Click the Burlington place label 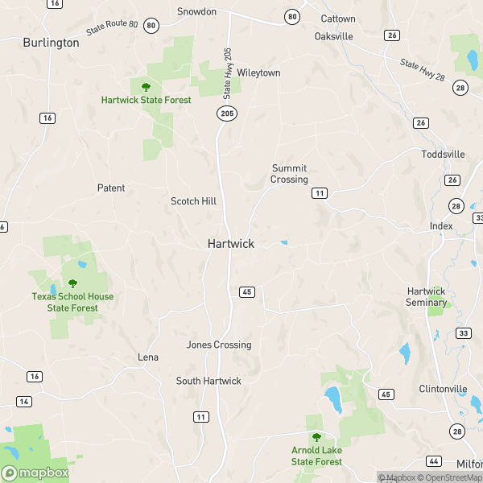point(52,43)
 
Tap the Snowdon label point(196,12)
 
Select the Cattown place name point(338,19)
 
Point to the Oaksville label point(335,37)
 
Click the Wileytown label point(258,72)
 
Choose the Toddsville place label point(443,154)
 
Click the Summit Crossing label point(289,174)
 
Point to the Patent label point(111,188)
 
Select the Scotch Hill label point(193,201)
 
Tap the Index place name point(441,226)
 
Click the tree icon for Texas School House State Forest point(72,283)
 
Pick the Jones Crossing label point(219,345)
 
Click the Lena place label point(148,357)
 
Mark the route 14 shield point(24,401)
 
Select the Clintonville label point(443,389)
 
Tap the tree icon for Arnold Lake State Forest point(316,437)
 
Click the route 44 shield point(435,460)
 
